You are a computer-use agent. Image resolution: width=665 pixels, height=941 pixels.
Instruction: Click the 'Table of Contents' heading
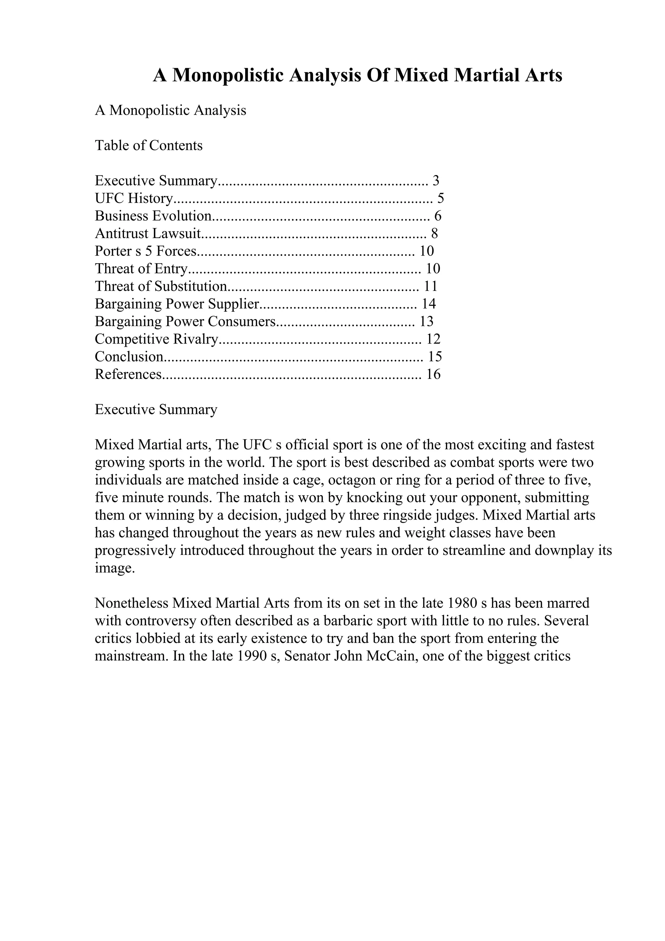point(149,145)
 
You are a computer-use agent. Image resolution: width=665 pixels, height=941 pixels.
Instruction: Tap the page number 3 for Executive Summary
point(436,181)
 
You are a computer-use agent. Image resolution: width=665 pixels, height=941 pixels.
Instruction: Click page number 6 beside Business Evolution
point(438,216)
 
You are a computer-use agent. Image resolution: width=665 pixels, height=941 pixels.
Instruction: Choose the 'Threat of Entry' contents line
point(141,269)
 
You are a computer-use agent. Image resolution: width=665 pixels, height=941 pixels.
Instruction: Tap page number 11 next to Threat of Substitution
point(431,286)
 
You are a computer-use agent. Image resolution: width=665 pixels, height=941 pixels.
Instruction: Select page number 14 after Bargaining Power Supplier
point(429,304)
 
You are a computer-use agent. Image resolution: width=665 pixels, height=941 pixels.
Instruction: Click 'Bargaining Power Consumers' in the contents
point(185,322)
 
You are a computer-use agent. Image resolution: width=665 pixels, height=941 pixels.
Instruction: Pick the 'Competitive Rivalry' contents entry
point(156,339)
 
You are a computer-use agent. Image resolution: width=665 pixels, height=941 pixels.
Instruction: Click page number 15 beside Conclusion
point(435,357)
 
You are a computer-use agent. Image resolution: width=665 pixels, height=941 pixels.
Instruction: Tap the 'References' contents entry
point(128,375)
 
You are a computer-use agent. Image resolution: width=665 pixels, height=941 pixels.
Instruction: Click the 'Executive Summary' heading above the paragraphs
point(156,410)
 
